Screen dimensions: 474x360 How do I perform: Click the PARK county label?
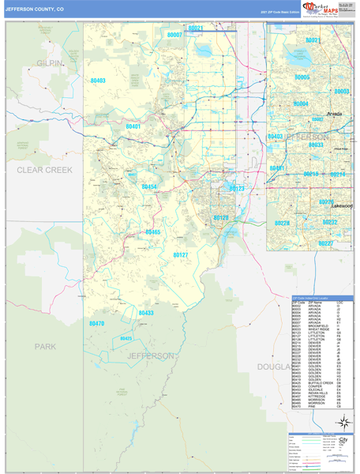point(46,346)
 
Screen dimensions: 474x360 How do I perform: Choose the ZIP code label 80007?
point(174,36)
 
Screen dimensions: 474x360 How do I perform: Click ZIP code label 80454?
point(149,187)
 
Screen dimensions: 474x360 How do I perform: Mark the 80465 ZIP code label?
point(153,232)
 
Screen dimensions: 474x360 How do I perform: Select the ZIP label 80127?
point(181,254)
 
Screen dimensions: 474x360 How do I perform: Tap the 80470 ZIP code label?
point(96,323)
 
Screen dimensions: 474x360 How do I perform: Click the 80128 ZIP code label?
point(220,217)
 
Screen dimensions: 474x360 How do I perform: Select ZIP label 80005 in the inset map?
point(302,77)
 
